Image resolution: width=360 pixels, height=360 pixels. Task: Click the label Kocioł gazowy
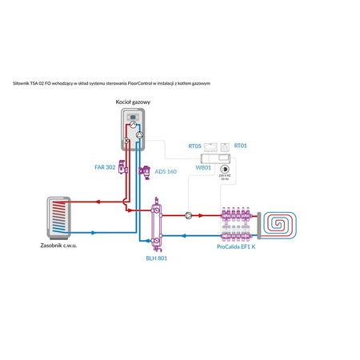tap(134, 103)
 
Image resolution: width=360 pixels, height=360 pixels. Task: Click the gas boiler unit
tap(134, 129)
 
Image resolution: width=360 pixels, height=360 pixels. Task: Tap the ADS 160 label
tap(166, 171)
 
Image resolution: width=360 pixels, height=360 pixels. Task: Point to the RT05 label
tap(194, 146)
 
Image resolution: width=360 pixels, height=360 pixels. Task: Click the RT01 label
tap(241, 146)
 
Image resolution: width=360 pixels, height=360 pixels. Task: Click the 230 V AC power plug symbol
tap(226, 169)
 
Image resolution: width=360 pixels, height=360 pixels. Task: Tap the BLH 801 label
tap(156, 258)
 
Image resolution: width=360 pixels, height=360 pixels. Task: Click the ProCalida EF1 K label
tap(238, 248)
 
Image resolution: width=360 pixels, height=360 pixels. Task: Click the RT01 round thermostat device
tap(226, 146)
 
